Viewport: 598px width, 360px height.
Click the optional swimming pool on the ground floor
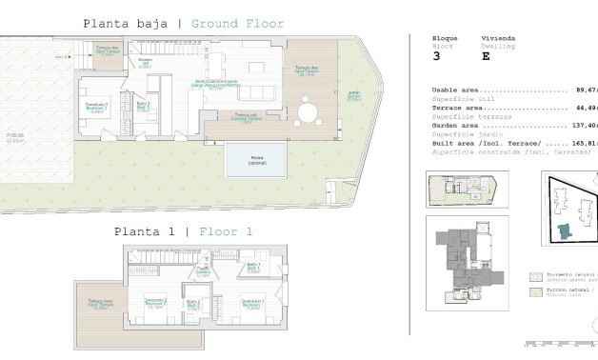coord(258,161)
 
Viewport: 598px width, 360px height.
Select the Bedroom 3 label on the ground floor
coord(97,106)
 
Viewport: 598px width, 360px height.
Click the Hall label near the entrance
coord(146,64)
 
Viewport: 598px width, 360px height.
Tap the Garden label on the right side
coord(353,95)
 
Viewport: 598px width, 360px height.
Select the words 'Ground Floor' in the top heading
coord(237,24)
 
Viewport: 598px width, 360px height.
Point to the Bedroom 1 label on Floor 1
coord(252,303)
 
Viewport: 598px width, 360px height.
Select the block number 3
coord(436,56)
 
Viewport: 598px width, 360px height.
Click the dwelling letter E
coord(486,56)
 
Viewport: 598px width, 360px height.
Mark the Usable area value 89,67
coord(585,90)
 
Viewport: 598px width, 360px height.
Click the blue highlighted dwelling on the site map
coord(565,230)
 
